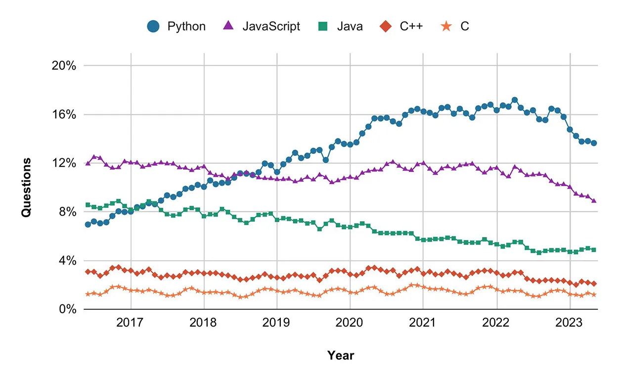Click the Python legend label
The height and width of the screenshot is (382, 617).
coord(186,26)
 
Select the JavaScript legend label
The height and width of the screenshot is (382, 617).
coord(271,26)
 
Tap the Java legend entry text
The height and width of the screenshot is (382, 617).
coord(350,26)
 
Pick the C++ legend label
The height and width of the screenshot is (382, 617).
coord(411,26)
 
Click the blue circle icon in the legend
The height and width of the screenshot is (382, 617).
coord(154,26)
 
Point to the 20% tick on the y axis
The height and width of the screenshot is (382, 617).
coord(64,66)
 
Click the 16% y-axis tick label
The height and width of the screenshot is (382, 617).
coord(64,114)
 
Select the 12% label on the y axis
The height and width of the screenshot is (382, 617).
coord(64,163)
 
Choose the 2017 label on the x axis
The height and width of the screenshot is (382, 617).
coord(131,323)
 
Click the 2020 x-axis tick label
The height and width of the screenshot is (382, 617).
coord(350,323)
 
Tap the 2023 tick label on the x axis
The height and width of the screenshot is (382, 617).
coord(570,323)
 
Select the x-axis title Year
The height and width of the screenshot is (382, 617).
coord(340,355)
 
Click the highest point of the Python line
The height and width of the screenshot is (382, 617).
coord(515,100)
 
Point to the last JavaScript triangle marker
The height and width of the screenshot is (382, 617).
coord(594,200)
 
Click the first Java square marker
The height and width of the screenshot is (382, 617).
coord(88,205)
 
